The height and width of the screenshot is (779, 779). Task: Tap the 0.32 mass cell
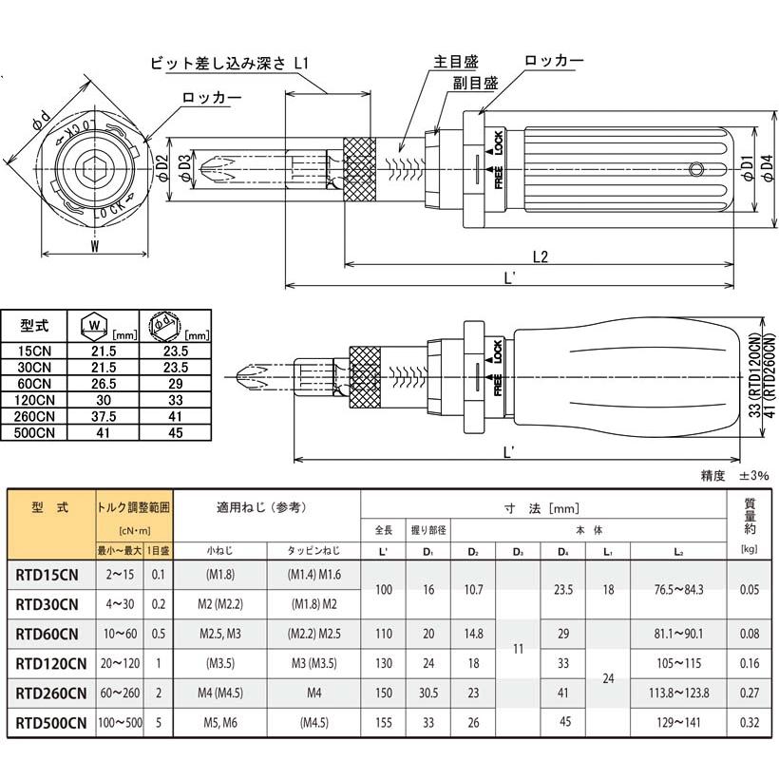(750, 722)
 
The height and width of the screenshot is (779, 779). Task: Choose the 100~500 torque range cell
(119, 722)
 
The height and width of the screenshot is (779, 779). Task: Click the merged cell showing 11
(519, 648)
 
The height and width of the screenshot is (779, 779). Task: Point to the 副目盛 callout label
(474, 83)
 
